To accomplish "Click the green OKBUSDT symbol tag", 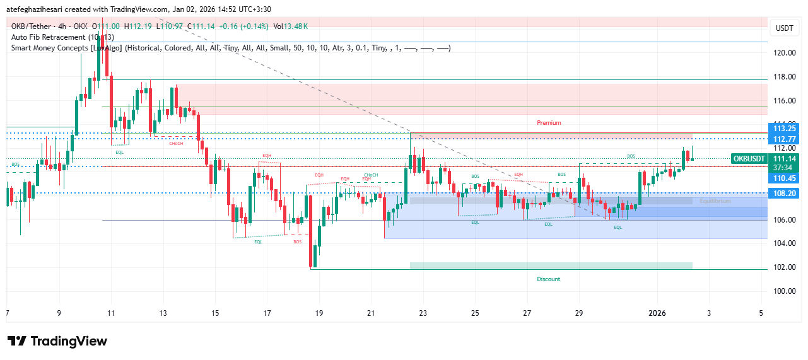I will (749, 158).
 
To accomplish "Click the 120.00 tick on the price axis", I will (785, 53).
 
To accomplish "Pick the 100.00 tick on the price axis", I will (785, 291).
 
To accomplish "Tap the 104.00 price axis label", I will (785, 243).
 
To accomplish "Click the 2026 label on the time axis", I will (657, 313).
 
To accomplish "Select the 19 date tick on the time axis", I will (319, 313).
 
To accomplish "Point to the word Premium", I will (549, 123).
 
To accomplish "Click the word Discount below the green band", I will (548, 279).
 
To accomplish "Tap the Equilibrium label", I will (715, 201).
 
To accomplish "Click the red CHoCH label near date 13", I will (176, 144).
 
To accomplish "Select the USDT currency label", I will (784, 28).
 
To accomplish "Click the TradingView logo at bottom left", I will (57, 341).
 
